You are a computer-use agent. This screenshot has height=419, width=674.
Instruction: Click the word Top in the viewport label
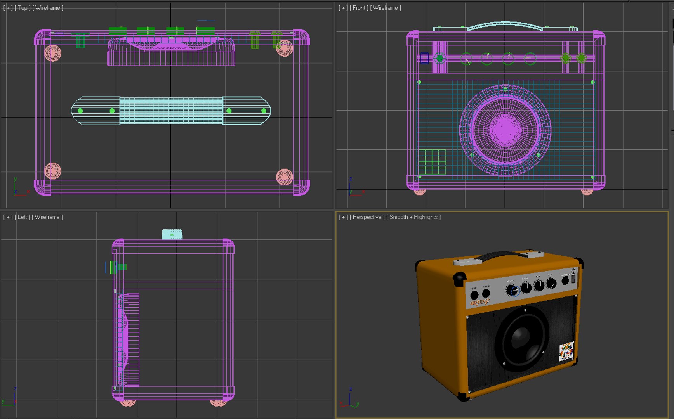click(23, 8)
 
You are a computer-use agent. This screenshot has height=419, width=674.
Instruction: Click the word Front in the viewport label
click(359, 8)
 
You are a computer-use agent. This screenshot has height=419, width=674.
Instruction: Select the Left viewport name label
click(22, 217)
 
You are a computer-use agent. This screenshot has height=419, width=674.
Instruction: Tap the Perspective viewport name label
click(367, 217)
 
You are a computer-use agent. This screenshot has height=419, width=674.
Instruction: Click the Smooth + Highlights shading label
click(413, 217)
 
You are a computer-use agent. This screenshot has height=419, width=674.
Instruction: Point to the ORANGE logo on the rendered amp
click(480, 302)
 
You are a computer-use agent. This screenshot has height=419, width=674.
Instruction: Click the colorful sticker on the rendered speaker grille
click(566, 351)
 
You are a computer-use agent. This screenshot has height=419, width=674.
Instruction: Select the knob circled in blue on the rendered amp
click(512, 291)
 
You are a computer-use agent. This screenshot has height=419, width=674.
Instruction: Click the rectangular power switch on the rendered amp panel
click(573, 279)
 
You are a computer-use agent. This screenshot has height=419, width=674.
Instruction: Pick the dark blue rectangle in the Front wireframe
click(424, 58)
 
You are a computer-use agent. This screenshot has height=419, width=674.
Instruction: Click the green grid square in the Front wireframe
click(432, 162)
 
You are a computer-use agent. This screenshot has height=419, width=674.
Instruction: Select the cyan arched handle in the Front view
click(505, 26)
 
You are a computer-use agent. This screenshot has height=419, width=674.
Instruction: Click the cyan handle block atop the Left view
click(172, 234)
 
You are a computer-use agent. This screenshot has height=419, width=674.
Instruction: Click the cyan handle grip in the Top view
click(171, 111)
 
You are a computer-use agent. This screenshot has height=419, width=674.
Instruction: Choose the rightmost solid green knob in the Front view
click(581, 58)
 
